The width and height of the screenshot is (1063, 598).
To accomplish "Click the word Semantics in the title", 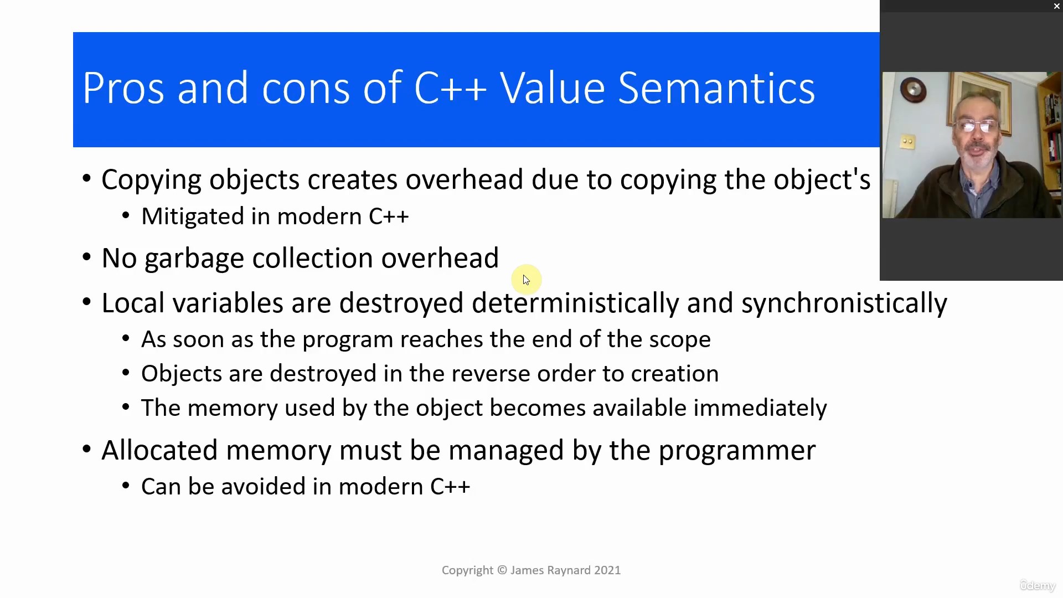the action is [x=716, y=87].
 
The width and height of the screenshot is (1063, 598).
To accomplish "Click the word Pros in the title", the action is [x=123, y=87].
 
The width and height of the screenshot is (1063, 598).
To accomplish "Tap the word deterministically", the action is [x=575, y=304].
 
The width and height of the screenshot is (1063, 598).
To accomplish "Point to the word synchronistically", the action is [x=844, y=304].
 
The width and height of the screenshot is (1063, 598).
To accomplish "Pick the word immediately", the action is [x=760, y=409].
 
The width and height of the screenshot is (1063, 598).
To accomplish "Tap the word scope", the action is [x=680, y=340].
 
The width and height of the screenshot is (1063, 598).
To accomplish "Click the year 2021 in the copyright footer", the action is [x=607, y=570].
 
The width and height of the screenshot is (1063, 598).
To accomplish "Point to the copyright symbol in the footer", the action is [x=502, y=570].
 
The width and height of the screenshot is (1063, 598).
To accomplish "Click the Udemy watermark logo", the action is [x=1038, y=585].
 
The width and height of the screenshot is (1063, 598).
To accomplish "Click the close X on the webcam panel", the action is [x=1056, y=6].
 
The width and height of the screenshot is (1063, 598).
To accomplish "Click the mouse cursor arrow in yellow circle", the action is [x=526, y=280].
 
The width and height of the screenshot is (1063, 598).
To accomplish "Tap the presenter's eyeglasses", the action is [x=977, y=127].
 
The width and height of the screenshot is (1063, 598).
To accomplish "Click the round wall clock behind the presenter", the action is [x=912, y=89].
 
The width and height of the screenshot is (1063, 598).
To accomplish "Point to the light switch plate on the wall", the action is [x=907, y=142].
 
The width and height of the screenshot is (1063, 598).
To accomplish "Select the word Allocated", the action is [x=159, y=450].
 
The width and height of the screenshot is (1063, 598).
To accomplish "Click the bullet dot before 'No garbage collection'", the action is [x=86, y=257].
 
